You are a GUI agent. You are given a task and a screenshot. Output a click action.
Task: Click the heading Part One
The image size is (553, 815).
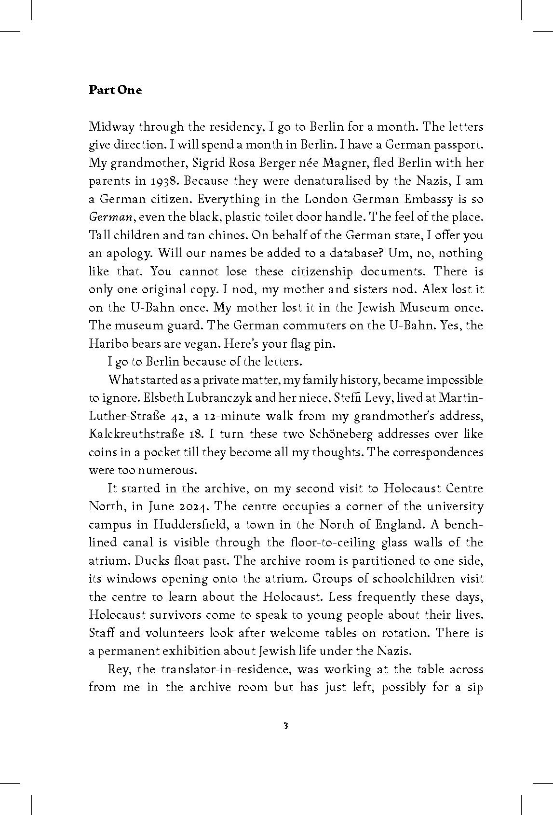tap(115, 90)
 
